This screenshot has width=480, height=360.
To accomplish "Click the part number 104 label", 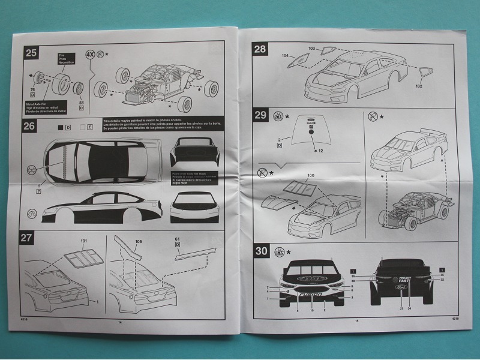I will pos(285,54).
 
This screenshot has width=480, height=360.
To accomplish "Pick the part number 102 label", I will pos(419,85).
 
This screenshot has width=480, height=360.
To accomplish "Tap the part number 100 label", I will pos(310,175).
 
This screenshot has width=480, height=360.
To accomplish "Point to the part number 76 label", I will pos(32,91).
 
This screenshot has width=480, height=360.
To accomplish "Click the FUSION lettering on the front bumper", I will pos(313,295).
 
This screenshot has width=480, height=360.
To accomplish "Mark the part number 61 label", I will pos(177,239).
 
